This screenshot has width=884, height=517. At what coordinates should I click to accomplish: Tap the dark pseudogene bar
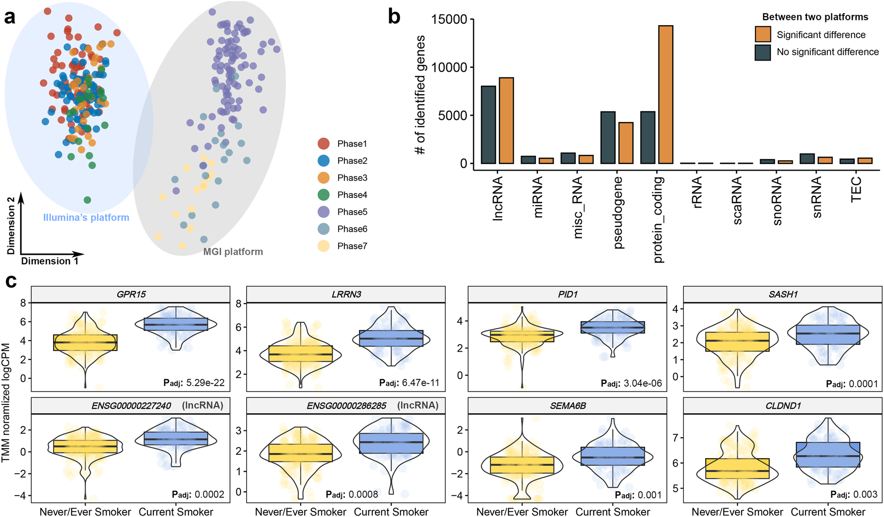point(608,137)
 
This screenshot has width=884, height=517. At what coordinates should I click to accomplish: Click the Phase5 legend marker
point(323,212)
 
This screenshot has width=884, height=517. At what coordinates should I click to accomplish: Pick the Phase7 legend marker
point(323,246)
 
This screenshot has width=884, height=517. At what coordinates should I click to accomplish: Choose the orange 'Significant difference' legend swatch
point(763,34)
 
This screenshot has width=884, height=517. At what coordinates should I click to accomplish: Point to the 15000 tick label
point(449,20)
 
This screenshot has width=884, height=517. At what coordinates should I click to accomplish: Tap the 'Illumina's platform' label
point(86,218)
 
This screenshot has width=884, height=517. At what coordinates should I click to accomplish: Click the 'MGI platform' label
point(233,252)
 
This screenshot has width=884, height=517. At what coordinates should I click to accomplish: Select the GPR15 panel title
point(131,294)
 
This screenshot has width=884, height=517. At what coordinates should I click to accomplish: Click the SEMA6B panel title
point(568,406)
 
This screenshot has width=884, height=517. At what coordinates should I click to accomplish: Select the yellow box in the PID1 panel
point(522,336)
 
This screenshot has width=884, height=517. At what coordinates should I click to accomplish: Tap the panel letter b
point(394,17)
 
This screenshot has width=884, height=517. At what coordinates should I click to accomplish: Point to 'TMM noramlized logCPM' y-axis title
point(6,403)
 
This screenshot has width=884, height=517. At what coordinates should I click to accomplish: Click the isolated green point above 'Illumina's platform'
point(87,200)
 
